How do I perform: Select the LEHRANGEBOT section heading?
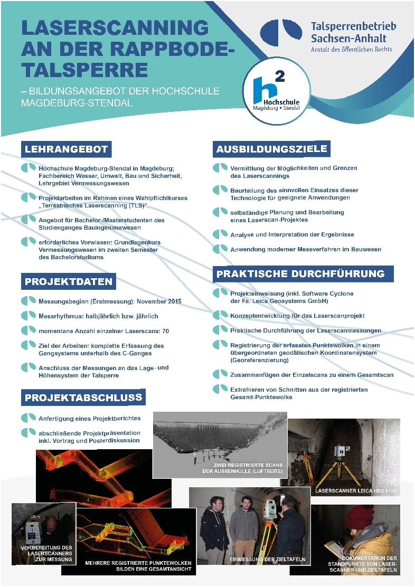coord(67,149)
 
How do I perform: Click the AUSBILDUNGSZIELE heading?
coord(271,149)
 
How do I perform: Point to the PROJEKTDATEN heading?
coord(69,281)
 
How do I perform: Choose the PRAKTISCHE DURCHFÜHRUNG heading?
coord(304,273)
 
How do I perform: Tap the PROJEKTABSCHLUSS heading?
coord(83,396)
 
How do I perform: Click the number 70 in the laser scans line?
coord(164,331)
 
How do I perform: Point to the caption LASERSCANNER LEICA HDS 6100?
coord(355,491)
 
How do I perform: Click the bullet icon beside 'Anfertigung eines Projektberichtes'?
coord(28,418)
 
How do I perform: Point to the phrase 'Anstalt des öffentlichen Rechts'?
coord(352,49)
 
